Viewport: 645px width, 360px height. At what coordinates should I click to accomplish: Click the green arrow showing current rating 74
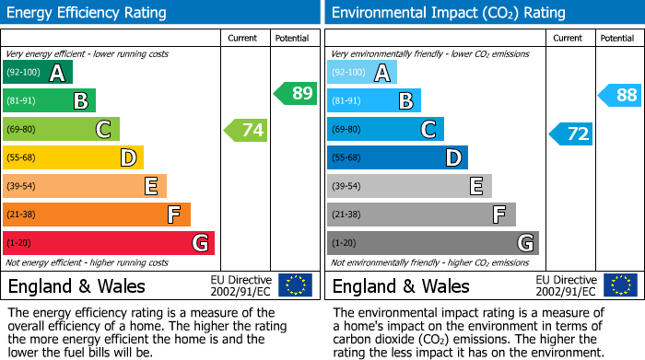pyautogui.click(x=246, y=130)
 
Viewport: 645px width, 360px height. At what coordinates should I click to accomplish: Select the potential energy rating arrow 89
pyautogui.click(x=296, y=93)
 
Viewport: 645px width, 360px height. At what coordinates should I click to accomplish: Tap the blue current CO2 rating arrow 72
pyautogui.click(x=571, y=134)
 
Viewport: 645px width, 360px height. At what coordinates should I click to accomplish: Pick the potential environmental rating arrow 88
pyautogui.click(x=620, y=94)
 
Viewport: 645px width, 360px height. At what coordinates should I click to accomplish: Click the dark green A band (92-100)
pyautogui.click(x=37, y=73)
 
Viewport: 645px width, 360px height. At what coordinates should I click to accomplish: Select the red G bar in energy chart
pyautogui.click(x=109, y=243)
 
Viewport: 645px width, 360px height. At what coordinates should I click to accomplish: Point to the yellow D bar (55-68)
pyautogui.click(x=73, y=158)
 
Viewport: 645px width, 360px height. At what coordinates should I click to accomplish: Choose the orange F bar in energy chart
pyautogui.click(x=97, y=215)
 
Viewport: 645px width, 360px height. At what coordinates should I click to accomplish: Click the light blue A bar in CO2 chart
pyautogui.click(x=362, y=73)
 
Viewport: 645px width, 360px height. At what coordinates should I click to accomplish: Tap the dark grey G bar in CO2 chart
pyautogui.click(x=432, y=243)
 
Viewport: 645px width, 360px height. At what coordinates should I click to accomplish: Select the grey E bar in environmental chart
pyautogui.click(x=409, y=186)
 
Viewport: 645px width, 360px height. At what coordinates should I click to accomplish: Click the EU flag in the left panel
pyautogui.click(x=295, y=285)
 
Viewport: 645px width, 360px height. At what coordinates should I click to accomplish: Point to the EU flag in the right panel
pyautogui.click(x=620, y=285)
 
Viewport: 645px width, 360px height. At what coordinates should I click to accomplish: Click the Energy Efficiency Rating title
pyautogui.click(x=88, y=13)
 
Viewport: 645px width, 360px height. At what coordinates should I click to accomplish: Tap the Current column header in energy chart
pyautogui.click(x=244, y=38)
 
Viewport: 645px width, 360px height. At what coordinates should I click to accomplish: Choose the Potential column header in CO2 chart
pyautogui.click(x=616, y=38)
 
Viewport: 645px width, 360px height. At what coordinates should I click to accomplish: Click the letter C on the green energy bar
pyautogui.click(x=103, y=130)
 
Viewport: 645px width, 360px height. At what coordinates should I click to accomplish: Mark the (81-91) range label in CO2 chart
pyautogui.click(x=347, y=101)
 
